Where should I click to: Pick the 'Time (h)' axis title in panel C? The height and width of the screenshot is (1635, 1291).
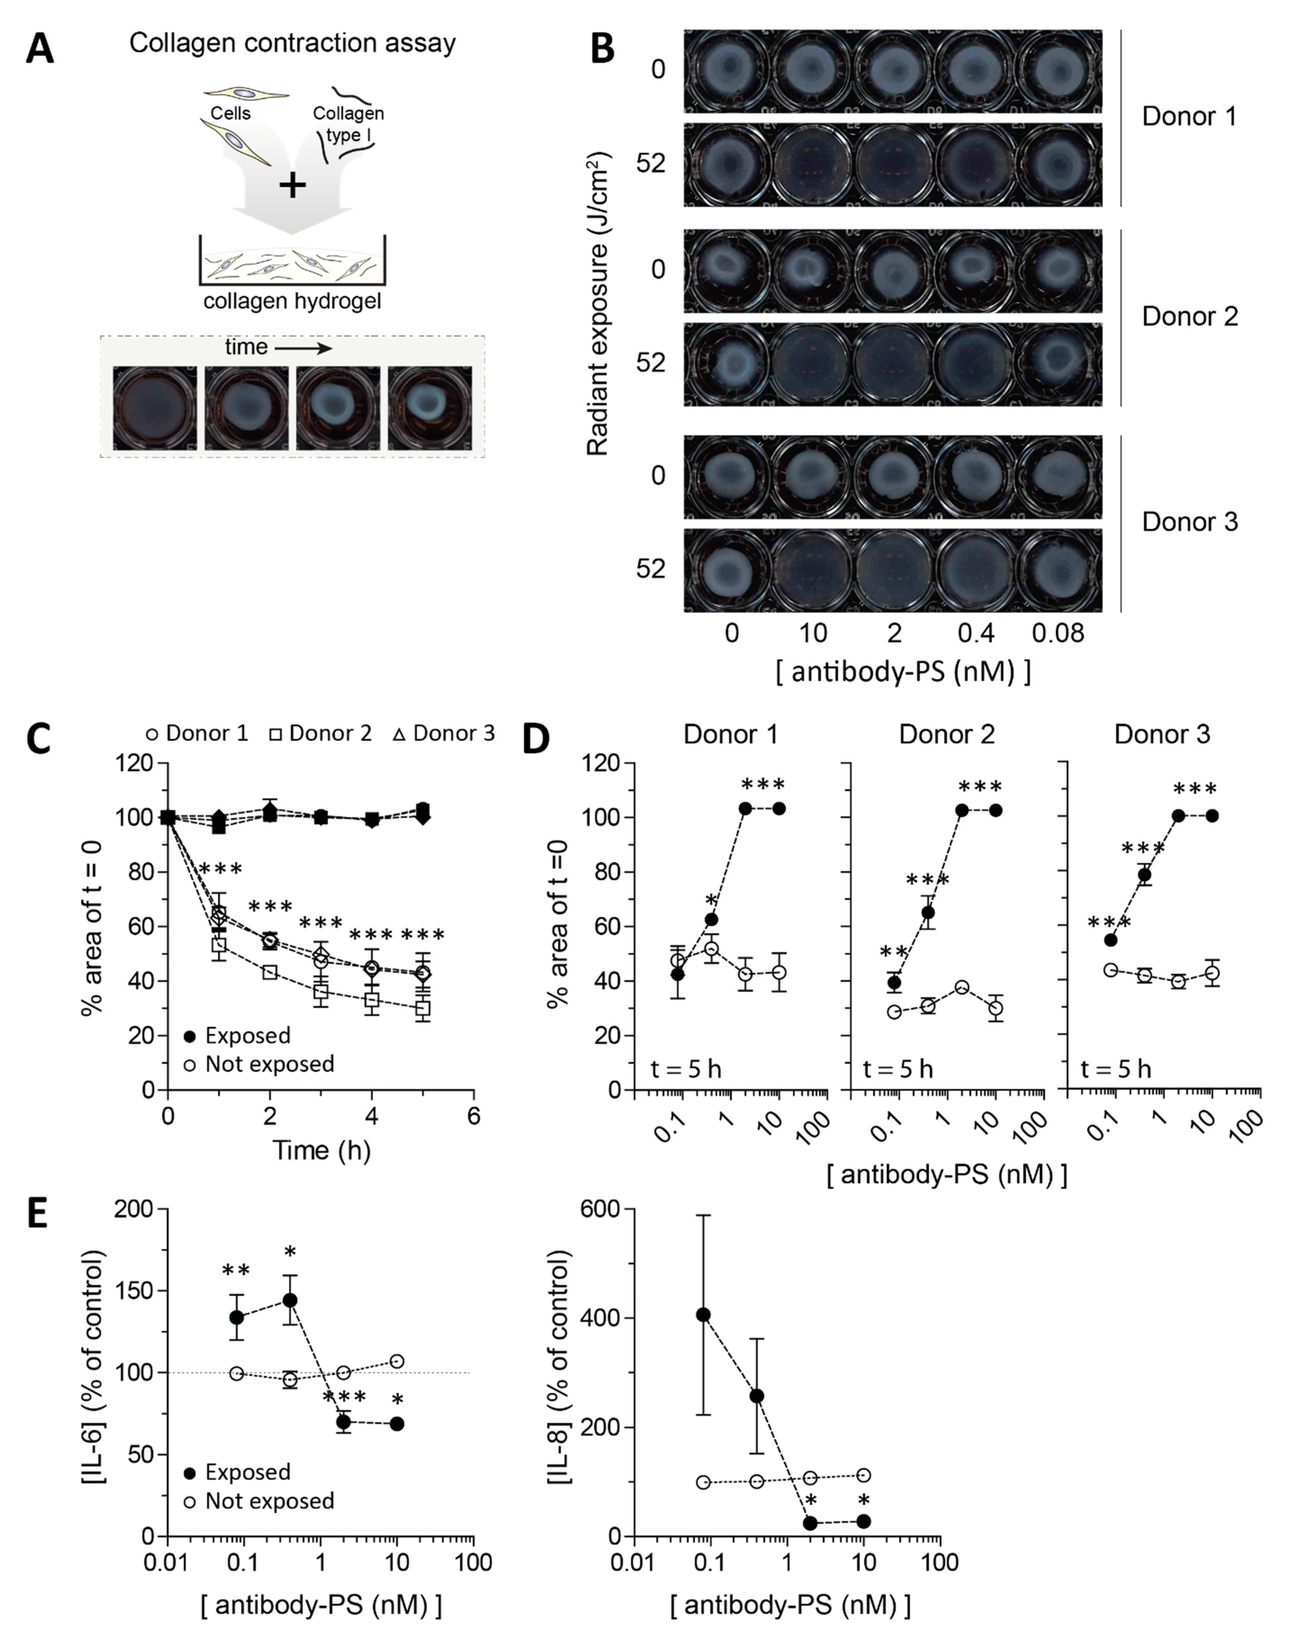[x=321, y=1150]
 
